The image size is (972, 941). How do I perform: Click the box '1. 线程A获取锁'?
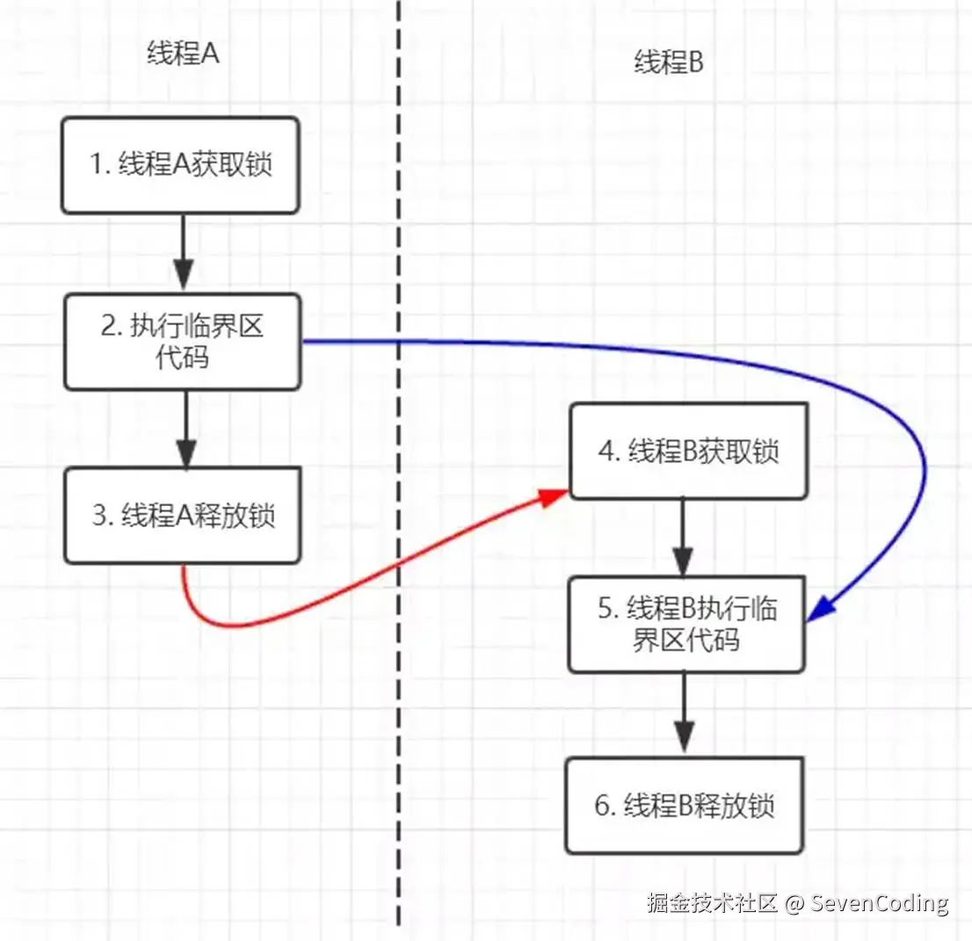[x=180, y=165]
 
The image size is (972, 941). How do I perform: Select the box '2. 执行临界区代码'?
[x=182, y=342]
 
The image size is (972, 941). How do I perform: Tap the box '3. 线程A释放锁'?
[x=183, y=516]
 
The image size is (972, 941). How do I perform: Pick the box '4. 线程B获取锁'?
[x=688, y=452]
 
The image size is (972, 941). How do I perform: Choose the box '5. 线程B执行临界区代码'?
[x=687, y=625]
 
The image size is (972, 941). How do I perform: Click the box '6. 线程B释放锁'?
[x=685, y=806]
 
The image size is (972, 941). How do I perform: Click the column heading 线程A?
[x=182, y=54]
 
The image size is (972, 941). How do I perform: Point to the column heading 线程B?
[x=670, y=62]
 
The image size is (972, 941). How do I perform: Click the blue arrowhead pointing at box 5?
[x=820, y=610]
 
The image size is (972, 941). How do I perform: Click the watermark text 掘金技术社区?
[x=712, y=903]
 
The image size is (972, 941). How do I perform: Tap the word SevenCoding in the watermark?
[x=879, y=903]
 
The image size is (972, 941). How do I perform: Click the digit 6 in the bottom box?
[x=603, y=807]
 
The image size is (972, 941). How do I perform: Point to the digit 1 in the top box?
[x=98, y=166]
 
